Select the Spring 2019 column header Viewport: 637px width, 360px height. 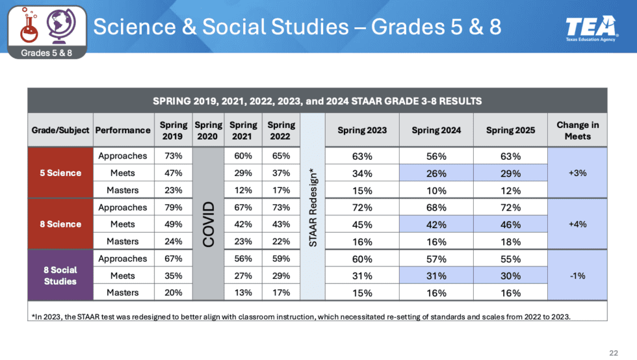pyautogui.click(x=173, y=130)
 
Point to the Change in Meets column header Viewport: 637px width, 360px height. pyautogui.click(x=577, y=130)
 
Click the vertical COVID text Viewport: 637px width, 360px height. pyautogui.click(x=208, y=224)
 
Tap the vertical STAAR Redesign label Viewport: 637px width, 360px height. pyautogui.click(x=313, y=207)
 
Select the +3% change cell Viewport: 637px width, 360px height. pyautogui.click(x=577, y=173)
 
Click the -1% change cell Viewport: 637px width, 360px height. pyautogui.click(x=577, y=276)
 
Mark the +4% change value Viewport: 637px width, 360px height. pyautogui.click(x=577, y=224)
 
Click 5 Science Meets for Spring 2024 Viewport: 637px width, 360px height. pyautogui.click(x=436, y=174)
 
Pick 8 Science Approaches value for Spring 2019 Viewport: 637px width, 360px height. pyautogui.click(x=173, y=207)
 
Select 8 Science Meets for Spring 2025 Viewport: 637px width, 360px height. pyautogui.click(x=510, y=225)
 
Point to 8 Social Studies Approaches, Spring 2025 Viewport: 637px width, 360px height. pyautogui.click(x=510, y=259)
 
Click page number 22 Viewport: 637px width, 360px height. pyautogui.click(x=614, y=352)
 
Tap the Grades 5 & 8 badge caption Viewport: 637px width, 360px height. pyautogui.click(x=45, y=53)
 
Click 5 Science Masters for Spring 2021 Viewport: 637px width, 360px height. pyautogui.click(x=244, y=190)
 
